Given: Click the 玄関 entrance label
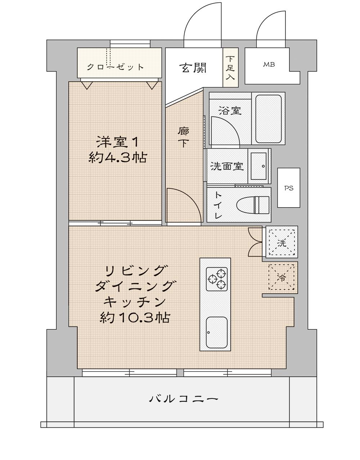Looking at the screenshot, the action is [193, 68].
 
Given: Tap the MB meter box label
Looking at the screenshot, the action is [269, 64].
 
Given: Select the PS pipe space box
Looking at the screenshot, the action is [289, 187].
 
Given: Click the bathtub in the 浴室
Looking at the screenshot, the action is [269, 119].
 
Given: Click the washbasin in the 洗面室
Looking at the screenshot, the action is [258, 166].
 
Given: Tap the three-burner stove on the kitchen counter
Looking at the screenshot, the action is [217, 279].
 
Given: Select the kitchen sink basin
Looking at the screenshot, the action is [217, 332].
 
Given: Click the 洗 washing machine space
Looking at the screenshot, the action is [282, 242].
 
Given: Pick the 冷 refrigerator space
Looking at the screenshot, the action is [282, 277].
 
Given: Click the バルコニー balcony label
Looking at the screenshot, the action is [184, 399].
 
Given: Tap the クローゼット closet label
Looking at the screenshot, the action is [116, 67].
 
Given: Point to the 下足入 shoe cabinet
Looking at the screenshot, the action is [230, 68].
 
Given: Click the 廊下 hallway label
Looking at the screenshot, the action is [183, 137].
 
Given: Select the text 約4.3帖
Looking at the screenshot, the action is [118, 158].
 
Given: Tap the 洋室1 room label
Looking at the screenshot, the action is [118, 142].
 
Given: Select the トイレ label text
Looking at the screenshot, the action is [219, 205].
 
